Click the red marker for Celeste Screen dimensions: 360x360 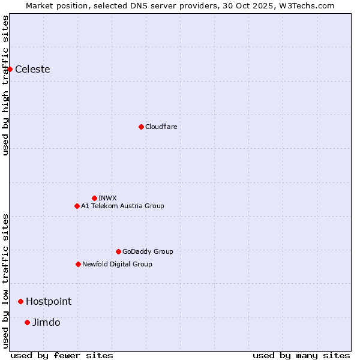10,69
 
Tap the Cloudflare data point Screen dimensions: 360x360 141,127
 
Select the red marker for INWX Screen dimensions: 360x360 94,198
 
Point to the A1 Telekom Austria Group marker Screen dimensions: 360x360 77,206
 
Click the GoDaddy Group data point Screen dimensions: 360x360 118,251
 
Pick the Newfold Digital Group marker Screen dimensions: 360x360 78,264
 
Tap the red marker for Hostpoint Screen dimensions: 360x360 20,301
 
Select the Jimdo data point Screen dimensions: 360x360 27,322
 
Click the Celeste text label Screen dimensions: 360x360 32,69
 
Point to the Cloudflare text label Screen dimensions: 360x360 161,127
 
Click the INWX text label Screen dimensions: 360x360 107,198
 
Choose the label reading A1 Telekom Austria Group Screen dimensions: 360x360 122,206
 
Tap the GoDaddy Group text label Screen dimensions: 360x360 148,251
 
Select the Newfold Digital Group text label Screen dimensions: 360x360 117,264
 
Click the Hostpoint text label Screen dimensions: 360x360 49,301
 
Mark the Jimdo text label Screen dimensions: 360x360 46,322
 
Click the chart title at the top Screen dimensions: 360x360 180,5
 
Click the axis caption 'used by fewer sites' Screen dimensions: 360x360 62,355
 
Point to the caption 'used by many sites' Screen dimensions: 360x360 301,355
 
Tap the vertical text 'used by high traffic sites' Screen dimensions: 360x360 5,85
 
